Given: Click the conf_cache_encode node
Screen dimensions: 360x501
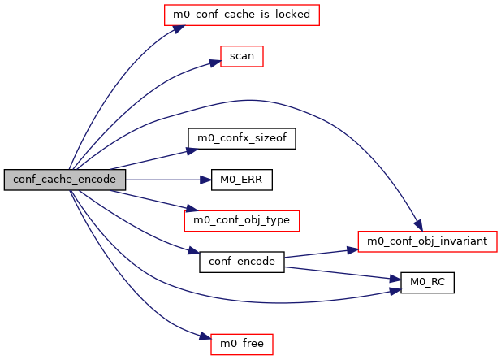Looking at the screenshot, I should [x=65, y=180].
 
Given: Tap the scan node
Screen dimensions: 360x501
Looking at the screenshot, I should [x=242, y=57].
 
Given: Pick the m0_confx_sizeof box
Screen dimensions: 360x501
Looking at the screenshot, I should [x=241, y=138].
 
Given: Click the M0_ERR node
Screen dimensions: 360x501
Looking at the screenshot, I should [x=241, y=180].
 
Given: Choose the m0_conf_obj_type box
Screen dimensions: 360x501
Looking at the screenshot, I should [x=242, y=220].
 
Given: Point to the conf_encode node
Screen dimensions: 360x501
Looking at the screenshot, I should [x=241, y=262].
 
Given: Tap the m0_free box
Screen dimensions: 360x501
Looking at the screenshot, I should [x=241, y=344].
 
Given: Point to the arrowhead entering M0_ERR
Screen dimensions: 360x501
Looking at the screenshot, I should [x=206, y=180].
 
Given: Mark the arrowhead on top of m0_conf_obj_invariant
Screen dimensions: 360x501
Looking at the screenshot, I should [x=417, y=227].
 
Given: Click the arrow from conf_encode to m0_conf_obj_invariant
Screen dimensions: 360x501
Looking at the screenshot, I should [x=321, y=253].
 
